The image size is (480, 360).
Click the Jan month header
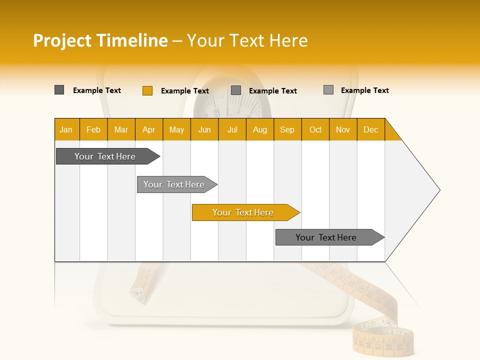pyautogui.click(x=66, y=129)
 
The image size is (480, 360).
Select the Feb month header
pyautogui.click(x=93, y=129)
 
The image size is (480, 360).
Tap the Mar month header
pyautogui.click(x=121, y=129)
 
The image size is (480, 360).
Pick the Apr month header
pyautogui.click(x=149, y=129)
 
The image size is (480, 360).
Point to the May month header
pyautogui.click(x=176, y=129)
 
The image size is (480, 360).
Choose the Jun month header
pyautogui.click(x=204, y=129)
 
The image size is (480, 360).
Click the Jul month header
pyautogui.click(x=232, y=129)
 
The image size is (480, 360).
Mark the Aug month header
pyautogui.click(x=260, y=129)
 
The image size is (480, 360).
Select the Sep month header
pyautogui.click(x=287, y=129)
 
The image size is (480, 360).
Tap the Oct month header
pyautogui.click(x=315, y=129)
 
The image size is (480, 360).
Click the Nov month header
pyautogui.click(x=343, y=129)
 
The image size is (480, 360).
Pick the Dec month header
pyautogui.click(x=371, y=129)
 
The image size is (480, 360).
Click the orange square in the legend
pyautogui.click(x=147, y=90)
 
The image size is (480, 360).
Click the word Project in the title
pyautogui.click(x=63, y=40)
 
